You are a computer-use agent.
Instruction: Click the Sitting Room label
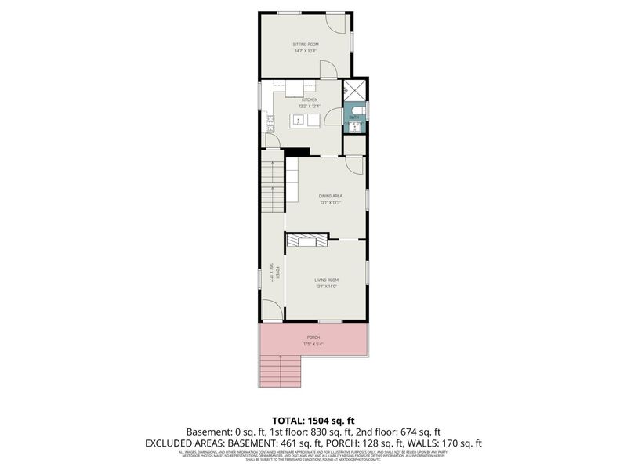click(306, 45)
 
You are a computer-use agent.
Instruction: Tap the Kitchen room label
click(310, 100)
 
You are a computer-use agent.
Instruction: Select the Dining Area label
click(330, 196)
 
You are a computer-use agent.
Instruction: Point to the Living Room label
click(327, 280)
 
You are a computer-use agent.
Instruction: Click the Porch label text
click(313, 338)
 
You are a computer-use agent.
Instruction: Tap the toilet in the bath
click(356, 110)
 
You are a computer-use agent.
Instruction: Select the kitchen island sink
click(299, 120)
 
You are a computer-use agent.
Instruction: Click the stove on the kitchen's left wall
click(270, 122)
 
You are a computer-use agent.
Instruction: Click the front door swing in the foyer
click(273, 313)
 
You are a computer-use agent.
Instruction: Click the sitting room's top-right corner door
click(335, 23)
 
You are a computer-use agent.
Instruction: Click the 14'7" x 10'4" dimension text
click(306, 52)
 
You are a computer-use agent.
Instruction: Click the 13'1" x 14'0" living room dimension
click(327, 286)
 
